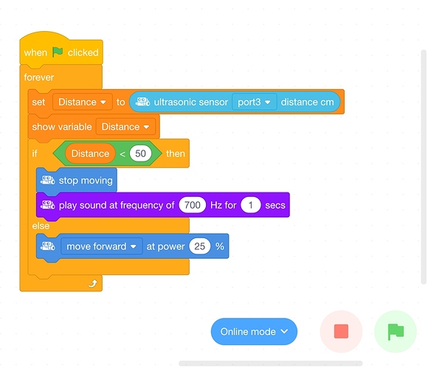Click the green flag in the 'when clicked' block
tap(58, 52)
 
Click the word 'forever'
tap(39, 77)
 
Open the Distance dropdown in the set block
tap(82, 102)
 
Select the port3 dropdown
tap(254, 102)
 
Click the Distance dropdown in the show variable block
tap(125, 127)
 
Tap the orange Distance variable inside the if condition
tap(90, 153)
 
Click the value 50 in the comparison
tap(140, 153)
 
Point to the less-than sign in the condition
tap(122, 154)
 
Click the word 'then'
tap(175, 153)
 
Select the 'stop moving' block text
tap(86, 181)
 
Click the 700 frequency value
tap(192, 205)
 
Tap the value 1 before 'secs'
tap(251, 205)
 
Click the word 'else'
tap(41, 226)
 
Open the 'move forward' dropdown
tap(102, 246)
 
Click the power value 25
tap(199, 246)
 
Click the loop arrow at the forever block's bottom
tap(93, 283)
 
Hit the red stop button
tap(341, 331)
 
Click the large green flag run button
tap(396, 331)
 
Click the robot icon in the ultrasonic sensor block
tap(142, 102)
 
